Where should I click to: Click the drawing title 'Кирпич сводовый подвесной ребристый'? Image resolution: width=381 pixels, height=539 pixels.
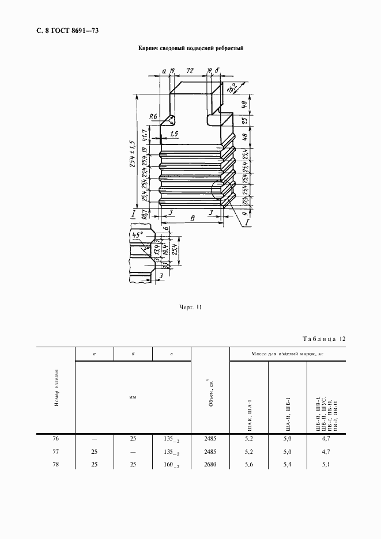tap(191, 48)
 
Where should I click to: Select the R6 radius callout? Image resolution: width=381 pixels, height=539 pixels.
tap(153, 117)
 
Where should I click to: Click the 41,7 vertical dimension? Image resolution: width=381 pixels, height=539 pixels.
tap(152, 136)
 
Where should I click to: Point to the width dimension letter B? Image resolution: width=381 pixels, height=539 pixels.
tap(191, 218)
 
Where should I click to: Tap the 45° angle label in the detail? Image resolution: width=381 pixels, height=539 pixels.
tap(137, 236)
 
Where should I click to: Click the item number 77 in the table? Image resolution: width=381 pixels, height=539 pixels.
tap(56, 451)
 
